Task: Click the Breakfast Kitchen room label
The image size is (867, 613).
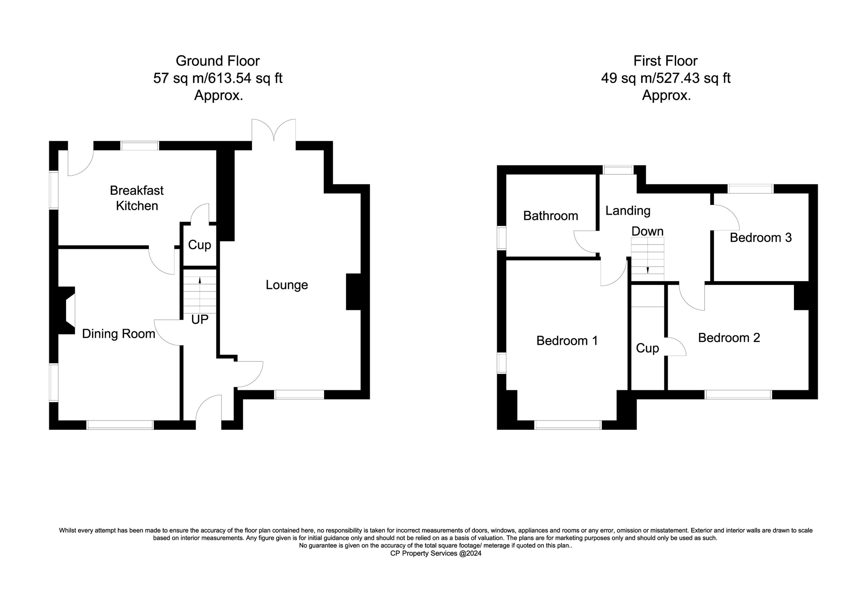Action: tap(137, 198)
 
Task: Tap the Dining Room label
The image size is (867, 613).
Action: tap(118, 334)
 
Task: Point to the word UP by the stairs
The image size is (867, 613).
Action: tap(200, 320)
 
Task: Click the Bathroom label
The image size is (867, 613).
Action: tap(551, 216)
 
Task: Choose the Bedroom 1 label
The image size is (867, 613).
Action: tap(567, 341)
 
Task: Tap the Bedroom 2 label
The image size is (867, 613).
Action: tap(729, 338)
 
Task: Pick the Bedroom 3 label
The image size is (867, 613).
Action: tap(761, 238)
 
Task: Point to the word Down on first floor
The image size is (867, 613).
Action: tap(647, 231)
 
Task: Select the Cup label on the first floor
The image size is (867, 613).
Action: tap(647, 349)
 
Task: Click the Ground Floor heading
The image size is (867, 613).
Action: tap(218, 61)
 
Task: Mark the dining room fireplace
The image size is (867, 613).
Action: tap(66, 310)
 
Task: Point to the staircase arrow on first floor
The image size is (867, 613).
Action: tap(648, 271)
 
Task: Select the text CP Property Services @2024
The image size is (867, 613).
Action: tap(436, 554)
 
